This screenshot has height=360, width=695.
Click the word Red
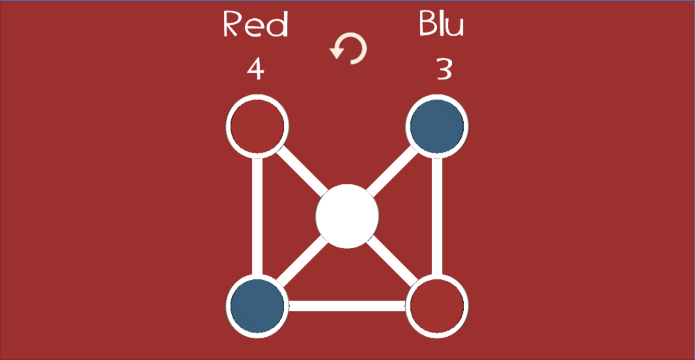[x=256, y=24]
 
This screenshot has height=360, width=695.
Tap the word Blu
[x=442, y=23]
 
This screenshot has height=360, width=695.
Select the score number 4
[x=256, y=69]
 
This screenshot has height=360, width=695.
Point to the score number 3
[x=444, y=69]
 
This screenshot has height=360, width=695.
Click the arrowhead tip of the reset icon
[x=337, y=59]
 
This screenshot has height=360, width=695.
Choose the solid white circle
[x=347, y=216]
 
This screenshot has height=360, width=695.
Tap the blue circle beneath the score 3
[x=437, y=126]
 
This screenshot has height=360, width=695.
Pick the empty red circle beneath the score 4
[x=257, y=126]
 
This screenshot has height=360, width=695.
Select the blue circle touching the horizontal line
[x=257, y=306]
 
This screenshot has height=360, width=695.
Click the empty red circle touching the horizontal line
[x=437, y=306]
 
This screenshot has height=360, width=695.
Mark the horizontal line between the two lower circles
[x=347, y=306]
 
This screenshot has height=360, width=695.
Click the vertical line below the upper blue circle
[x=437, y=216]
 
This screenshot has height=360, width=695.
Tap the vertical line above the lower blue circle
[x=257, y=216]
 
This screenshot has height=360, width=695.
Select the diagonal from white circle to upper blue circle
[x=393, y=171]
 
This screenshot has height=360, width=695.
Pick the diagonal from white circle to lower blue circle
[x=302, y=261]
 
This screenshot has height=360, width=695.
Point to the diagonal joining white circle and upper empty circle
[x=302, y=171]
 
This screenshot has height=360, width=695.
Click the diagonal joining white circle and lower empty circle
[x=393, y=261]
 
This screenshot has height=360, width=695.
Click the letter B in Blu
[x=427, y=23]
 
